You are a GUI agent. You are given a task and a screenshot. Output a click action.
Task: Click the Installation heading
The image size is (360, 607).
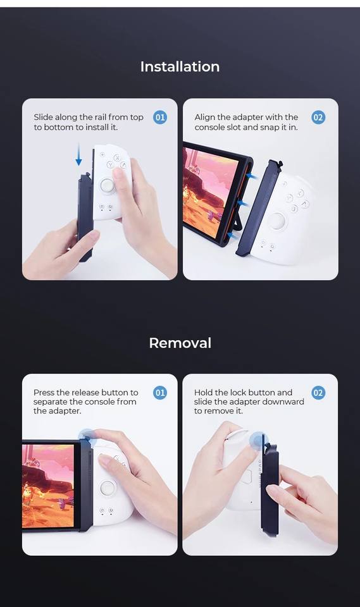(x=180, y=66)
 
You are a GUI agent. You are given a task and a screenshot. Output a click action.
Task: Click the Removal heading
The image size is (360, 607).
(x=180, y=343)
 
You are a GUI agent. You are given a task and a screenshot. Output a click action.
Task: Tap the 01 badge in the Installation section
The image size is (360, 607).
(x=159, y=118)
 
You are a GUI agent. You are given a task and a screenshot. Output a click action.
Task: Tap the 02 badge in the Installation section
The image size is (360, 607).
(x=318, y=118)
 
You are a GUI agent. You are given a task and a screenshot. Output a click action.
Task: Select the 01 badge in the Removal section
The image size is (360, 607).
(x=159, y=393)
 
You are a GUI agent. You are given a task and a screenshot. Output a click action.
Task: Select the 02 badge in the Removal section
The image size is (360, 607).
(x=318, y=393)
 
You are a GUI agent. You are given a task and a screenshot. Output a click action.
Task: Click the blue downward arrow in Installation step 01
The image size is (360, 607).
(x=78, y=154)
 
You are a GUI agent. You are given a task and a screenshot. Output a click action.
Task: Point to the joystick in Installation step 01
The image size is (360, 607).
(x=108, y=185)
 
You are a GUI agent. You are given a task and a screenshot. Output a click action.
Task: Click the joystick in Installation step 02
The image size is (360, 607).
(x=278, y=221)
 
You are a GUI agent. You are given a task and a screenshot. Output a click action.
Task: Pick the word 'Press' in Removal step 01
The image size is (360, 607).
(x=44, y=393)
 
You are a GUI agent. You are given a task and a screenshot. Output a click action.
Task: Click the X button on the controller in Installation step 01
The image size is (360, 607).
(x=116, y=157)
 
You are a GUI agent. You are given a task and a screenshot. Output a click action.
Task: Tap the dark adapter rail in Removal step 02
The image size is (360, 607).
(x=269, y=489)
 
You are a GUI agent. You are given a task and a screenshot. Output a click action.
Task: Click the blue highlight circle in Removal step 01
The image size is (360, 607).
(x=87, y=436)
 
